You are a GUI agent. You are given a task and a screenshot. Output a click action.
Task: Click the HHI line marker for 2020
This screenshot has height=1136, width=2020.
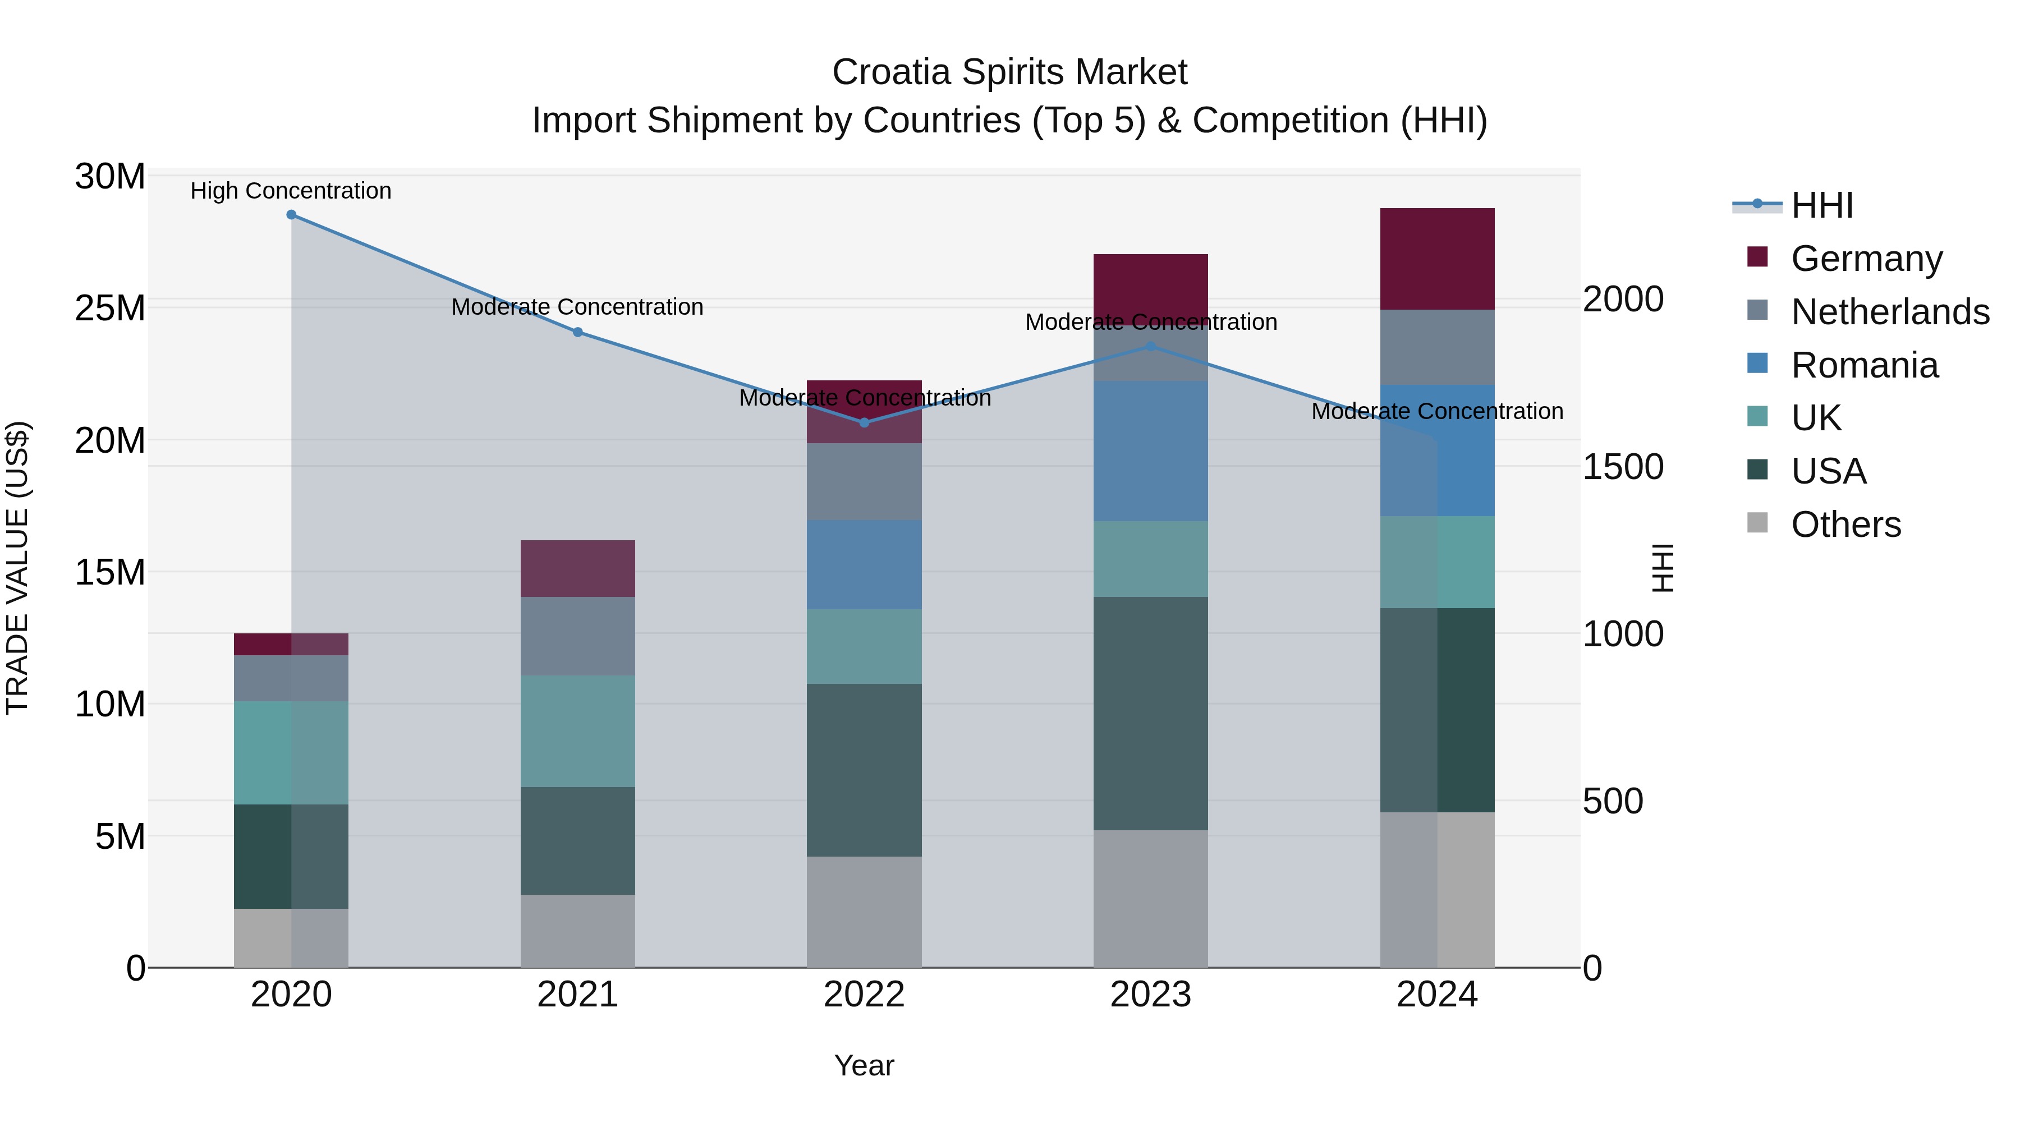coord(291,215)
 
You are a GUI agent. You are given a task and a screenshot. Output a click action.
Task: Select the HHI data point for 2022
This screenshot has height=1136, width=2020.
coord(864,422)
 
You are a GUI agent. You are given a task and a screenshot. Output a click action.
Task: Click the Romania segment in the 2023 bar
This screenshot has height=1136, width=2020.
coord(1150,451)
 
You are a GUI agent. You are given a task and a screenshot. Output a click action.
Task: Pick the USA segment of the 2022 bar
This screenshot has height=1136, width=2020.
coord(864,769)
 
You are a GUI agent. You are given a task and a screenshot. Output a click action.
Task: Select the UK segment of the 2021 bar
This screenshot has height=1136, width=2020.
coord(577,730)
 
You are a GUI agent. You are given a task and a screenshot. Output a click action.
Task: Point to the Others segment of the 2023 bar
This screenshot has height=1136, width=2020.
coord(1150,899)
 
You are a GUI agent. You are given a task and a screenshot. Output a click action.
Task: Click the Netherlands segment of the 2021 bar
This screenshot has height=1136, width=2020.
coord(577,636)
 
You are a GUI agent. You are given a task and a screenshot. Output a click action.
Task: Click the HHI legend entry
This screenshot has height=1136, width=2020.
coord(1821,205)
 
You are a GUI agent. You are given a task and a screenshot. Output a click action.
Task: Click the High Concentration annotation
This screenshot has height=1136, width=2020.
coord(291,191)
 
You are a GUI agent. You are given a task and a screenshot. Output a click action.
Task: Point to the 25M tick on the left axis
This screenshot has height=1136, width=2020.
coord(110,308)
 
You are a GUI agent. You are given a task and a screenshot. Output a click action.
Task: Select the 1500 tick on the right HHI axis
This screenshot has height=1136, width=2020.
coord(1622,467)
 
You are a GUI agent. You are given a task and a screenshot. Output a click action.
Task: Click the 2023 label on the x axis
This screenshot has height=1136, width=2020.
coord(1150,995)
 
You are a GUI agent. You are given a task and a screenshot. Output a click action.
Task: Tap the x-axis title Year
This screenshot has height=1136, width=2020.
coord(864,1065)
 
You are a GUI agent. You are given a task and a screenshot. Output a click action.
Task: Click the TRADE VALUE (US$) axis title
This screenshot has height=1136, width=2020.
coord(17,568)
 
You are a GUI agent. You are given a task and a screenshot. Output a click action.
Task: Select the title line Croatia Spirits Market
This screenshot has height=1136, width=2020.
coord(1009,72)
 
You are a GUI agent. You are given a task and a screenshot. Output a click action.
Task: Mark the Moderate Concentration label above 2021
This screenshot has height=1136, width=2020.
coord(577,307)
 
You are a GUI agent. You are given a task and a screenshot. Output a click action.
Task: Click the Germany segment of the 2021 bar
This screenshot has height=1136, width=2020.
coord(577,568)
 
